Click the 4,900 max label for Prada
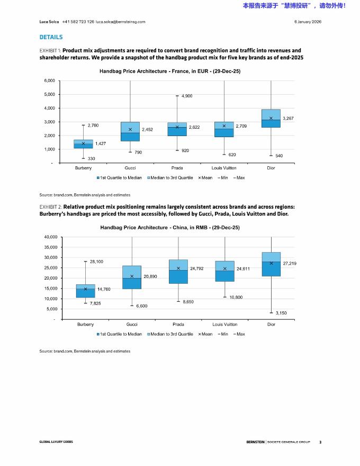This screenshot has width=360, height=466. (x=186, y=96)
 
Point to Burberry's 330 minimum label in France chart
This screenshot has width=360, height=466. (x=92, y=159)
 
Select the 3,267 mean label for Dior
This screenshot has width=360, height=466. (x=289, y=118)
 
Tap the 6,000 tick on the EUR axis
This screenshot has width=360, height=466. (x=49, y=80)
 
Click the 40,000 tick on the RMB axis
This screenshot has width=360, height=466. (x=51, y=237)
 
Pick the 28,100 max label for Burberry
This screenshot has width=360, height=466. (x=96, y=262)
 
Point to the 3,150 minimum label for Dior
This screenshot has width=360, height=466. (x=281, y=313)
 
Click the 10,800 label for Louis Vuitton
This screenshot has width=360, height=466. (x=236, y=297)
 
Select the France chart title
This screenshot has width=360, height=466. (x=170, y=71)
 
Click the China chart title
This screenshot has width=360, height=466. (x=170, y=227)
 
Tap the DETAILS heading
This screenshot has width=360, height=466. (x=51, y=37)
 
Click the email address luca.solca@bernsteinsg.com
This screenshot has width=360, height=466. (x=120, y=22)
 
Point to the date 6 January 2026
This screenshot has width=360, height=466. (x=308, y=22)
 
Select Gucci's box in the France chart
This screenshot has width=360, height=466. (x=130, y=131)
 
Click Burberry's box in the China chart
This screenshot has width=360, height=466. (x=85, y=291)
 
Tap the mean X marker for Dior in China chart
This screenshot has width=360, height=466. (x=271, y=263)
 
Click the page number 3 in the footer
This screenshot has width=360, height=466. (x=320, y=442)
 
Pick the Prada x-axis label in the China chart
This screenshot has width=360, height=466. (x=178, y=324)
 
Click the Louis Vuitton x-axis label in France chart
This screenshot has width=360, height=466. (x=224, y=168)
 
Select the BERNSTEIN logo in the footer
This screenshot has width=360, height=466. (x=255, y=442)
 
